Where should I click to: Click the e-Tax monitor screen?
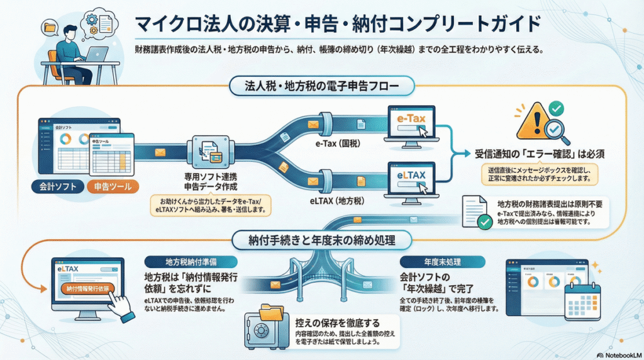410,125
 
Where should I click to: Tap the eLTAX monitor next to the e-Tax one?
410,177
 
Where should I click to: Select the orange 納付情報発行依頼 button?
87,288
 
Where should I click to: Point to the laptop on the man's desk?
95,55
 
